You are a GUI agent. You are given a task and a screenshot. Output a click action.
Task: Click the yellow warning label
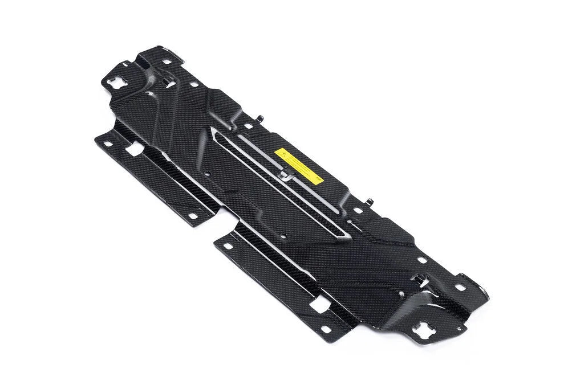[299, 166]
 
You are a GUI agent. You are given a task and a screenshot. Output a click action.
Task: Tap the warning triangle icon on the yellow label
[282, 154]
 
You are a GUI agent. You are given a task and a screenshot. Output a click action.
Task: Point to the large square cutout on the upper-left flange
[135, 150]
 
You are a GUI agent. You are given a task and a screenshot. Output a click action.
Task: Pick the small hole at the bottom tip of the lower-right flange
[326, 329]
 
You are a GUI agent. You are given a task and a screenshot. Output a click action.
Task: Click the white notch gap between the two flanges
[222, 225]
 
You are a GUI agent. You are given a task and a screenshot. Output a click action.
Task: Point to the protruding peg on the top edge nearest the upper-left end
[260, 118]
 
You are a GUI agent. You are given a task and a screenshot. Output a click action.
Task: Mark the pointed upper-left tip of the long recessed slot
[213, 130]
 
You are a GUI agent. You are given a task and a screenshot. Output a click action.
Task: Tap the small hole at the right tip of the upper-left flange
[193, 216]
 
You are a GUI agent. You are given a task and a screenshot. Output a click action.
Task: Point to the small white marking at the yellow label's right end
[318, 178]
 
